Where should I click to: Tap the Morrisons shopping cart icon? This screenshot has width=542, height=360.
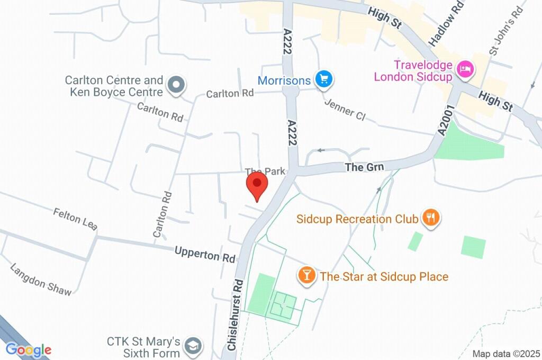[x=323, y=80]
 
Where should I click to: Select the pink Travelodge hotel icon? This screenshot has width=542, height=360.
[x=466, y=69]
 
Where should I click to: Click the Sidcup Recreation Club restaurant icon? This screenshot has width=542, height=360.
[x=431, y=218]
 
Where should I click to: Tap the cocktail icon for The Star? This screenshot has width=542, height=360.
[x=306, y=275]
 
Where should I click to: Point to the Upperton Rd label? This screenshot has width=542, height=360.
[x=205, y=255]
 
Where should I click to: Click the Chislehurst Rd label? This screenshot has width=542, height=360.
[x=234, y=316]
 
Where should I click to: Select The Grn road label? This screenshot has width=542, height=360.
[x=364, y=167]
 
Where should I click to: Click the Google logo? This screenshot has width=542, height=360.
[x=29, y=350]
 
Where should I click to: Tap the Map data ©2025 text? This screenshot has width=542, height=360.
[x=506, y=354]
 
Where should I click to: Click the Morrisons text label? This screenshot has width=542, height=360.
[x=284, y=80]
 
